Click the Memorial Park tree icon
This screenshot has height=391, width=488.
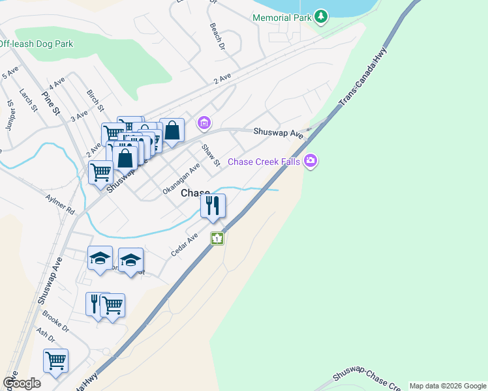320,16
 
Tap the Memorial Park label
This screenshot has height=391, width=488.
282,18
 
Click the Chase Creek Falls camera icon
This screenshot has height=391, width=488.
311,160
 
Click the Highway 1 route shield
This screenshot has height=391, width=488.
217,239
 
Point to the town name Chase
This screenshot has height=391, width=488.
194,194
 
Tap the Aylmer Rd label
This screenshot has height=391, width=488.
60,203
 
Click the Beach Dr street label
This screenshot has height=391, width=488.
217,38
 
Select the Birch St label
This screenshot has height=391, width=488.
95,99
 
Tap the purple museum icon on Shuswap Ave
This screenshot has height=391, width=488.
204,123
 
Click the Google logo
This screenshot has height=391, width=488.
22,383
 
